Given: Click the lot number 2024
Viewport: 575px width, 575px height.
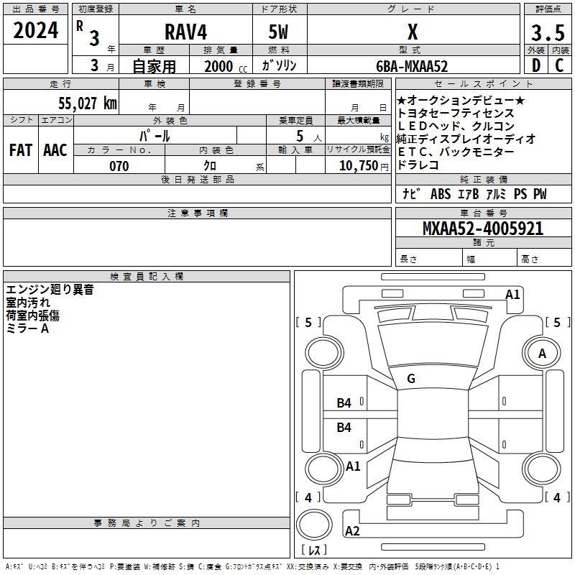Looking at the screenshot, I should click(x=35, y=31).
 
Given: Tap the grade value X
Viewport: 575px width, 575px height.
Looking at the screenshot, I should click(x=412, y=32).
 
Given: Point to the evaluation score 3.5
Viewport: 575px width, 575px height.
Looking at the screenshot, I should click(x=548, y=33).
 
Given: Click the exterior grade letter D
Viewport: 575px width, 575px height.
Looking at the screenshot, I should click(x=535, y=65).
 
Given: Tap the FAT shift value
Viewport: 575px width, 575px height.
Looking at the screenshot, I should click(x=20, y=149).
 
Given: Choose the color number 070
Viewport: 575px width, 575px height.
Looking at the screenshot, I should click(x=119, y=166).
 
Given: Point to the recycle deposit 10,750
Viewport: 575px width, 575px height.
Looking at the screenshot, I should click(x=357, y=166).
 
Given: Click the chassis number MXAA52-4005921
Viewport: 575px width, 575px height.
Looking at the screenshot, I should click(x=483, y=229).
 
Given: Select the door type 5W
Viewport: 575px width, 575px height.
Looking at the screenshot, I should click(x=280, y=32).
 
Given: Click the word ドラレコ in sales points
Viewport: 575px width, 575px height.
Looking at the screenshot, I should click(x=418, y=165).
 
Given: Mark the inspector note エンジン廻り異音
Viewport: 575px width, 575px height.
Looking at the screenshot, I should click(x=50, y=290).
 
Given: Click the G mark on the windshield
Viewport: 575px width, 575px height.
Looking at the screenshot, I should click(x=411, y=378).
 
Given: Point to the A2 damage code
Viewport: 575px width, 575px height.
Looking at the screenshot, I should click(x=352, y=531).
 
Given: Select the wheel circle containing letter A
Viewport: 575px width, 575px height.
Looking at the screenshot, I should click(x=542, y=354).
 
